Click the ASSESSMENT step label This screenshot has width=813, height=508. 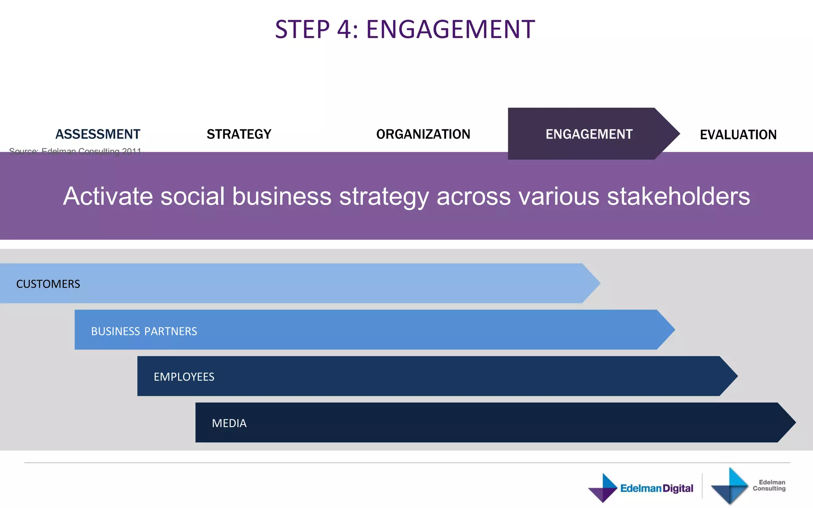tap(98, 134)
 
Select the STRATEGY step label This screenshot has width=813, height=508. tap(239, 134)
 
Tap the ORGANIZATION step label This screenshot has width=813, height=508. tap(423, 134)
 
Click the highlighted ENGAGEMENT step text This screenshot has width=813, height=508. tap(589, 134)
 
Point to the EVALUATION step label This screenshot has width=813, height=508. tap(738, 135)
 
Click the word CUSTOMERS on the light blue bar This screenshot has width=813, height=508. tap(48, 284)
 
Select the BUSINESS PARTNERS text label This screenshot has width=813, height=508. tap(144, 331)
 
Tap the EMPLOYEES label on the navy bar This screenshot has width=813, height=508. tap(184, 377)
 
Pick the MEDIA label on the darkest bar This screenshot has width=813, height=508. tap(229, 423)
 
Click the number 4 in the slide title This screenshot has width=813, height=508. tap(344, 29)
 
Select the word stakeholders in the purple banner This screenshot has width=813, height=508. tap(678, 196)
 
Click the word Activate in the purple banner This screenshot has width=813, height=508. tap(108, 196)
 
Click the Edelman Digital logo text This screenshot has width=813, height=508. tap(657, 488)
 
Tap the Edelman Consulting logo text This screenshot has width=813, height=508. tap(769, 485)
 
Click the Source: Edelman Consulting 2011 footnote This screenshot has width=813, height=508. tap(75, 151)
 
